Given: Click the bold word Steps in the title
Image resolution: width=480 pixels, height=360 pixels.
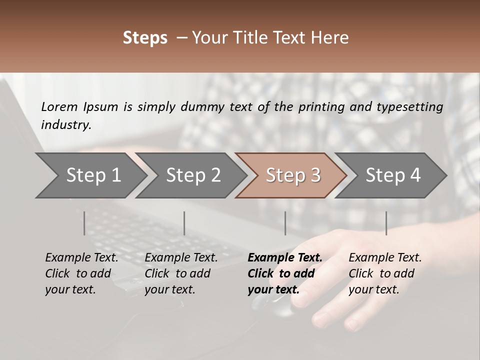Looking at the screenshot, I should (145, 38).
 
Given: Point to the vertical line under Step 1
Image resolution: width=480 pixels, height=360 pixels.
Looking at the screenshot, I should (84, 223).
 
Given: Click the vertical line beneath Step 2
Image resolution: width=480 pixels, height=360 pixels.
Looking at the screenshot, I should (184, 223).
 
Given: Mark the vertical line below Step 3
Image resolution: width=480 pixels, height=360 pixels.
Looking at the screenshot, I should (285, 223).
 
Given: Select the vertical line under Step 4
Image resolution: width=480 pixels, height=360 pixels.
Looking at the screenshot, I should (386, 223).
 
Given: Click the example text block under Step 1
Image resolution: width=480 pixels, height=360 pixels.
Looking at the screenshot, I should (81, 273).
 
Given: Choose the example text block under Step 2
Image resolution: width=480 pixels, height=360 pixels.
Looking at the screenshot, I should (180, 273).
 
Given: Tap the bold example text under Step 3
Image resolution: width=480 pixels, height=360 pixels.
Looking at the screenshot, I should (284, 273).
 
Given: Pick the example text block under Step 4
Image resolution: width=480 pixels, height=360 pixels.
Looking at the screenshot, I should (384, 273).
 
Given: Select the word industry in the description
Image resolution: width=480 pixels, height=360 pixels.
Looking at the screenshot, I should (66, 125).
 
